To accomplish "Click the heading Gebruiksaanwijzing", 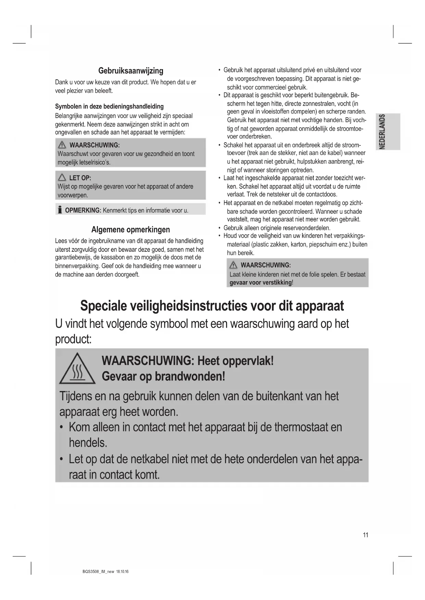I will (130, 71).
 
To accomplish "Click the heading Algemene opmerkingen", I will (130, 230).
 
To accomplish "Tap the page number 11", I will (365, 535).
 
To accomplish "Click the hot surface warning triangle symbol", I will (77, 369).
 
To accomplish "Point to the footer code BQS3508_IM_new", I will (98, 572).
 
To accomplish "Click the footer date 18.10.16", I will (122, 572).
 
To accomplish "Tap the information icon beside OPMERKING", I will (60, 210).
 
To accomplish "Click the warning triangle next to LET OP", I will (62, 178).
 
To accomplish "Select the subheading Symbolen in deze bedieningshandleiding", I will (109, 106).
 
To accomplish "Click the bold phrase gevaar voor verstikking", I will (260, 283).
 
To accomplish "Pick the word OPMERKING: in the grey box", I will (83, 210).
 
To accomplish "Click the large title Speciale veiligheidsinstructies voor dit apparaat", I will (212, 305).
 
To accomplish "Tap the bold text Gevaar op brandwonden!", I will (163, 376).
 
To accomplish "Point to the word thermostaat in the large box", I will (301, 427).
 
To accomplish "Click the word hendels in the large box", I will (88, 443).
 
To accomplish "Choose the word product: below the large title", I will (73, 339).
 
